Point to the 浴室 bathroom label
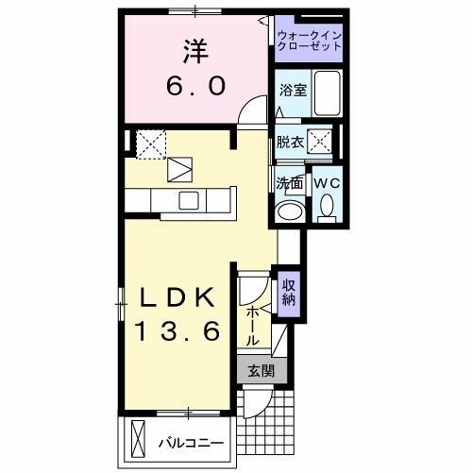(x=292, y=91)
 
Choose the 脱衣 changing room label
(x=289, y=143)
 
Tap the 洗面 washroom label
(x=289, y=181)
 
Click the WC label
(x=326, y=181)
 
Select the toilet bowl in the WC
(x=327, y=205)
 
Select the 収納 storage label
(x=288, y=292)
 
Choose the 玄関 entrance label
(x=260, y=372)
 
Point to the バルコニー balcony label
(x=190, y=442)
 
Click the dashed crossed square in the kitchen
(x=151, y=144)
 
